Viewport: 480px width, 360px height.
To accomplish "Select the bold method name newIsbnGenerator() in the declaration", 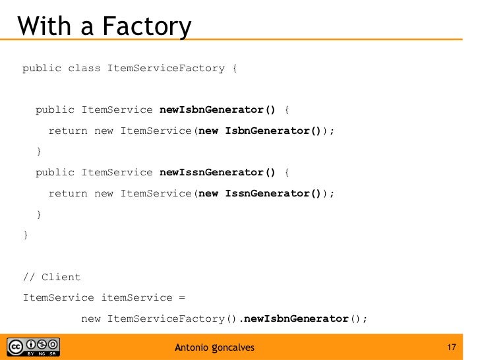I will [x=218, y=109].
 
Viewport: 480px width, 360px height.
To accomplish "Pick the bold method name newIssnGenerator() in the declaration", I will [x=218, y=172].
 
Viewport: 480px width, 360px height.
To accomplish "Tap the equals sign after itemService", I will [x=182, y=297].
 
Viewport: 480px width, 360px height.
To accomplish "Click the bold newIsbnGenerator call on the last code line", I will [x=296, y=319].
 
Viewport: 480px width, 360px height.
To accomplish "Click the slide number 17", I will [x=452, y=347].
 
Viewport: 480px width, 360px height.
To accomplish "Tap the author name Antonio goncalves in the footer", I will [x=214, y=347].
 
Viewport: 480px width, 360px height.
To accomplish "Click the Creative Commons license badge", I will [x=33, y=347].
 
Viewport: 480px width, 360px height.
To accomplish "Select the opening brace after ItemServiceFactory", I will [x=235, y=68].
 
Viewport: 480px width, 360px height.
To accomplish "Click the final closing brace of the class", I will [x=26, y=235].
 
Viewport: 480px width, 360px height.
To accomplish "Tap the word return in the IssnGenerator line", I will [x=67, y=193].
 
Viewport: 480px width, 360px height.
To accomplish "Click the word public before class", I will [x=42, y=68].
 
